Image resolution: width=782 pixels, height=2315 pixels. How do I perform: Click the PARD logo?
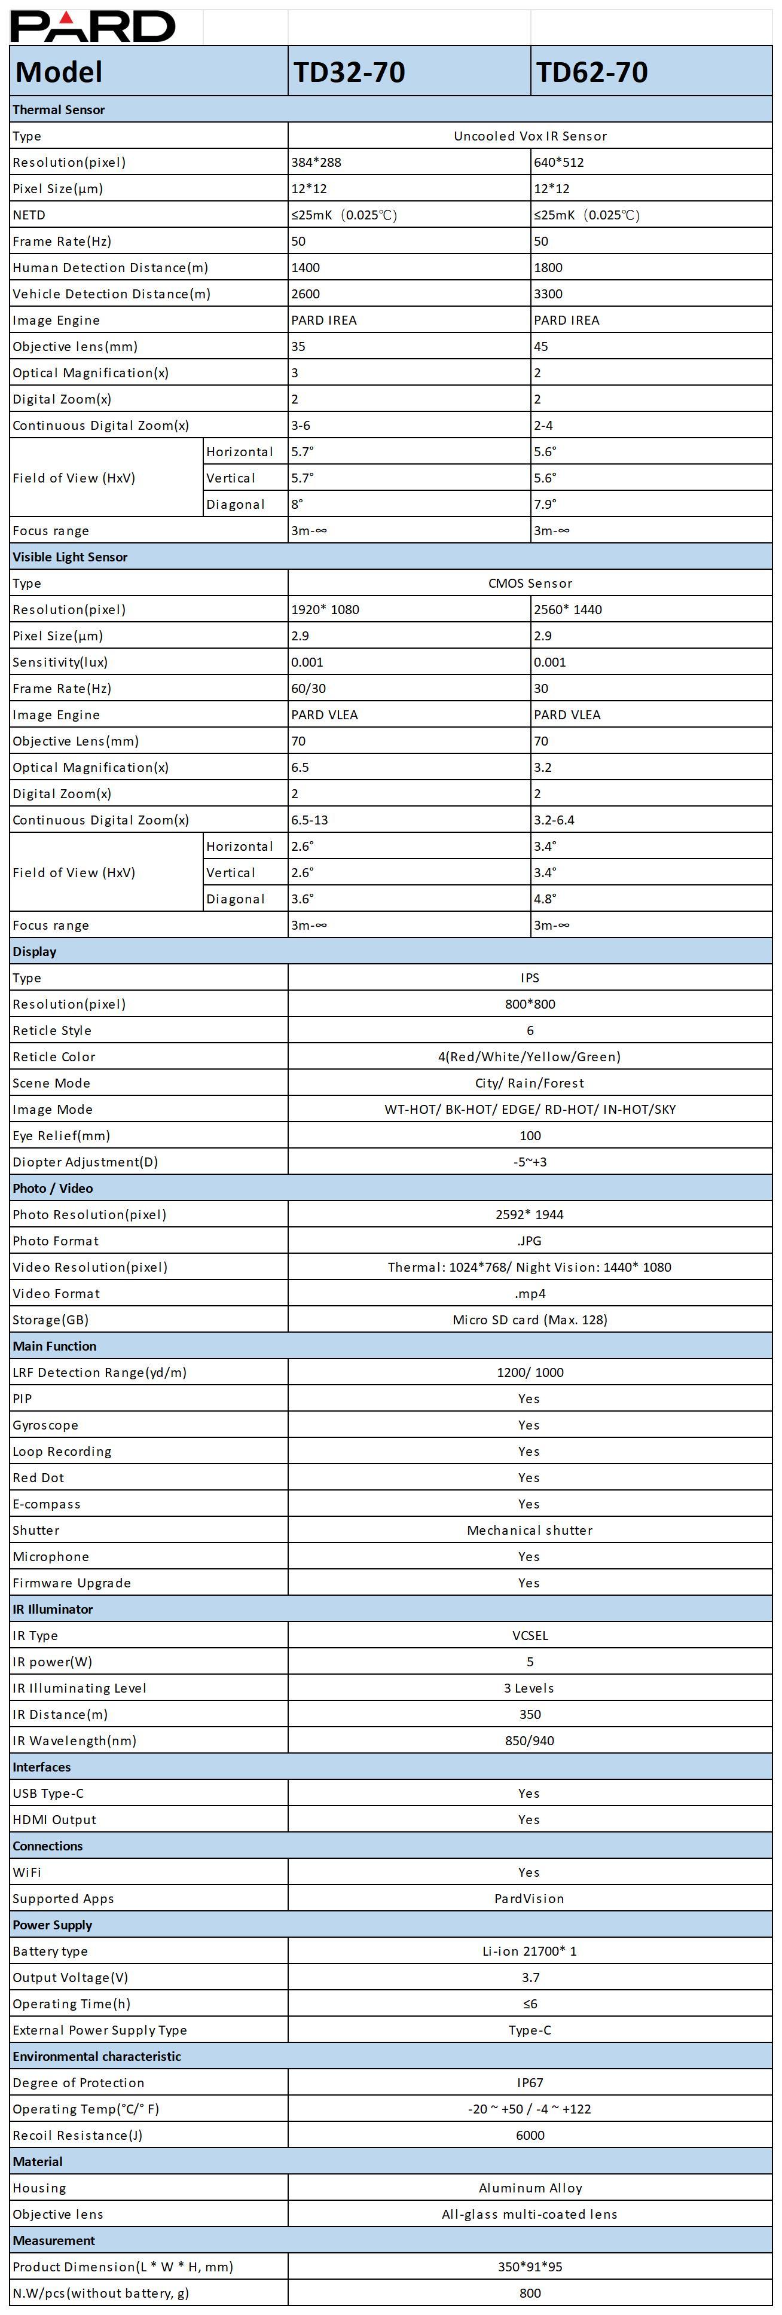tap(93, 26)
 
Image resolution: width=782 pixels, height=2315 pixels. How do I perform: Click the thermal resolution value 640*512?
tap(559, 163)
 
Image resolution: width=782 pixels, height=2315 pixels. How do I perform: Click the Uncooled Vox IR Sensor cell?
tap(530, 136)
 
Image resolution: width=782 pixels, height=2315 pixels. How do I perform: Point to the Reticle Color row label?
tap(54, 1057)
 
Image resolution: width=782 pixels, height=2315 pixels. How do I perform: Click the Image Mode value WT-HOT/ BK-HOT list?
tap(530, 1109)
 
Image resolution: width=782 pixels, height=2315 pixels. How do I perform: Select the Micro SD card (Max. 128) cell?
tap(530, 1320)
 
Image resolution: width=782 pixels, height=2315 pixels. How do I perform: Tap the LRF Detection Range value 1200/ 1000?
tap(530, 1372)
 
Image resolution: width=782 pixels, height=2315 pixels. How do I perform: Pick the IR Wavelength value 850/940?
tap(530, 1741)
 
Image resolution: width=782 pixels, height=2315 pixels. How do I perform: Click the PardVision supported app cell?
tap(530, 1899)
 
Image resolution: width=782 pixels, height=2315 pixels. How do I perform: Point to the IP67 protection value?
tap(530, 2083)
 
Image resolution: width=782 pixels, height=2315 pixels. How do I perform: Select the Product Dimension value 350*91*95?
tap(530, 2267)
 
